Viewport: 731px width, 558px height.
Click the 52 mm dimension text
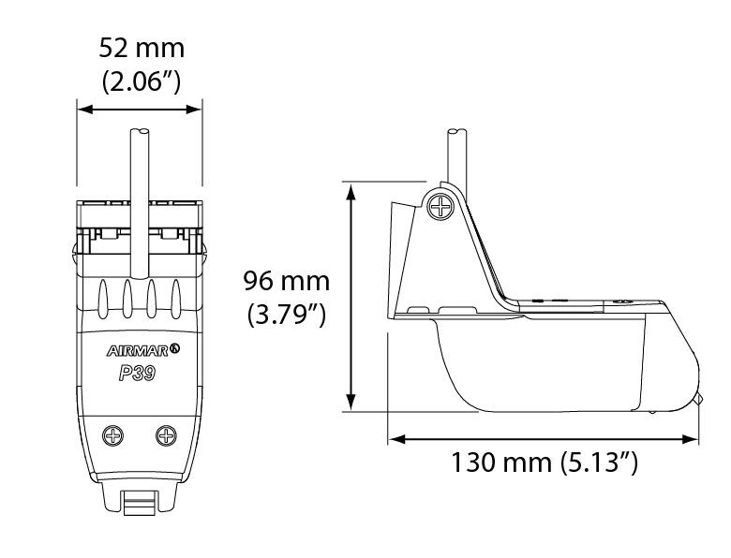pos(142,48)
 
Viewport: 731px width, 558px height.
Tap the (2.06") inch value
pos(142,81)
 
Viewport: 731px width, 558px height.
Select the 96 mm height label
pos(286,281)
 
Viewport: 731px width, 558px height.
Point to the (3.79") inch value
pos(286,315)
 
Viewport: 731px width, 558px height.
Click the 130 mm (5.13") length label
pos(545,463)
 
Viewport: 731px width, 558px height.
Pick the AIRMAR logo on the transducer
pos(143,350)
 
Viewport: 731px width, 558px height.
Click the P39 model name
pos(137,373)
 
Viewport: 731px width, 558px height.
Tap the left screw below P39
pos(112,435)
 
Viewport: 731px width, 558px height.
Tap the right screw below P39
pos(166,435)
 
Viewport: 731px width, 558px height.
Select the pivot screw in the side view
pos(440,206)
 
